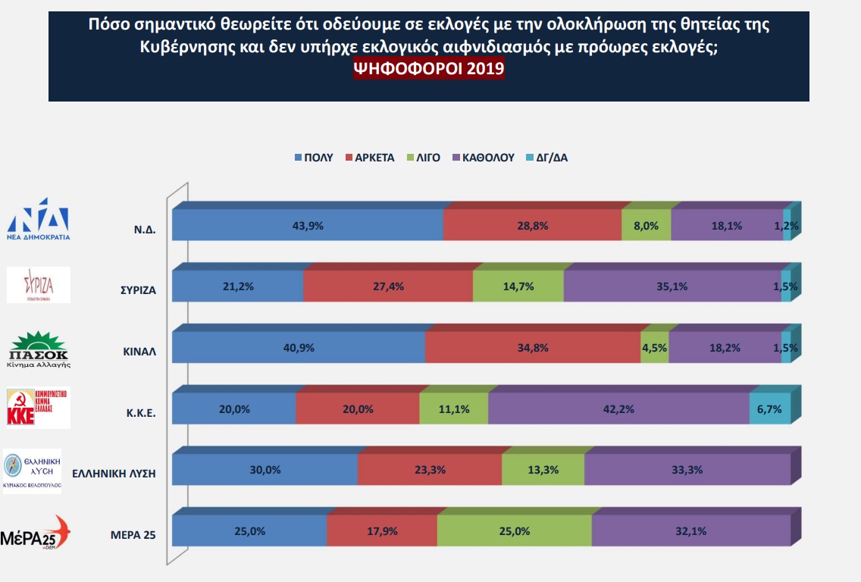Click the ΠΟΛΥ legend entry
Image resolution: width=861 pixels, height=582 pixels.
(313, 158)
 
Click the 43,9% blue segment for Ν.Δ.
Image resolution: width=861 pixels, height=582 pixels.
(308, 226)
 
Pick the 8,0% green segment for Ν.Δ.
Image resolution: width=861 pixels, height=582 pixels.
(646, 226)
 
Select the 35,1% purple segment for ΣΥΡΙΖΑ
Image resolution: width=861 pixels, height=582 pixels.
(672, 287)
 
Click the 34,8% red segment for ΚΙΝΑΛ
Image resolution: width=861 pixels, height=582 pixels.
(533, 348)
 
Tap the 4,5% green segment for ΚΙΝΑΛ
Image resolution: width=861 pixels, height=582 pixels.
(655, 348)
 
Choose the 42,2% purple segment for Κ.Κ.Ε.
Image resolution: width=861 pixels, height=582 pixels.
(618, 409)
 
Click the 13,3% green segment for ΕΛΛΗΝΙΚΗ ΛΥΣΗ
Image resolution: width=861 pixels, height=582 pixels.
(543, 470)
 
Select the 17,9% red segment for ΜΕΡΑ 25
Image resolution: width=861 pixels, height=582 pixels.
(382, 531)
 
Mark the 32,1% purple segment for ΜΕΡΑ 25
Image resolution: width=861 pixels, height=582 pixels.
(690, 531)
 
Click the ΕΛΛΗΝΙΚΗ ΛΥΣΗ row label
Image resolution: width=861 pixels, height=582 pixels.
(114, 473)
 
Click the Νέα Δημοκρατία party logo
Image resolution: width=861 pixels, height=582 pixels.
(39, 219)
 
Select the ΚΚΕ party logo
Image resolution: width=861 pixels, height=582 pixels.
(38, 408)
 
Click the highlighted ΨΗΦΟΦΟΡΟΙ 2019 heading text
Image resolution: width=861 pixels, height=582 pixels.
(429, 68)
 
